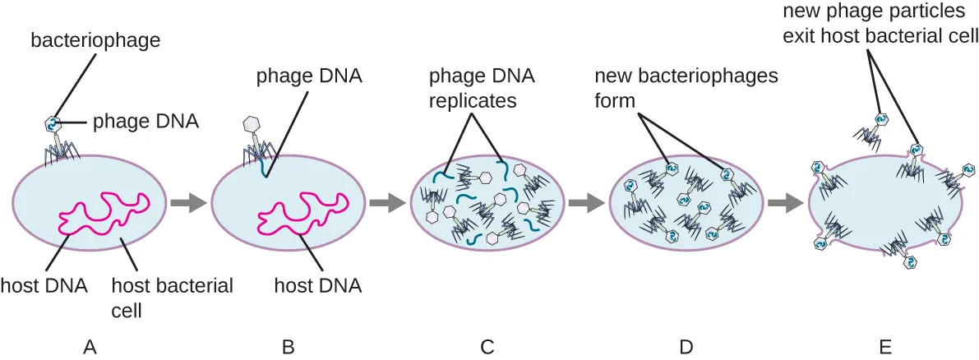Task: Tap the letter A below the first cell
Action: click(91, 347)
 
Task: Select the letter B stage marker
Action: click(288, 347)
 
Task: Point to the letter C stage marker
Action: click(487, 347)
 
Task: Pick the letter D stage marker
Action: click(686, 347)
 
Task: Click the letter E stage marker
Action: click(885, 347)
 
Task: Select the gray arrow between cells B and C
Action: click(386, 201)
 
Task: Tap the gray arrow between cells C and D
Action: click(584, 201)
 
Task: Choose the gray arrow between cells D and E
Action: click(783, 201)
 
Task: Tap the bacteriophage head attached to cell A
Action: click(53, 124)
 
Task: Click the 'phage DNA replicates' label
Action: click(481, 89)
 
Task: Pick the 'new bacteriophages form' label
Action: click(686, 89)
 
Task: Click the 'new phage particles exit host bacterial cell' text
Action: click(880, 25)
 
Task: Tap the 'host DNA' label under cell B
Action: click(317, 286)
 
